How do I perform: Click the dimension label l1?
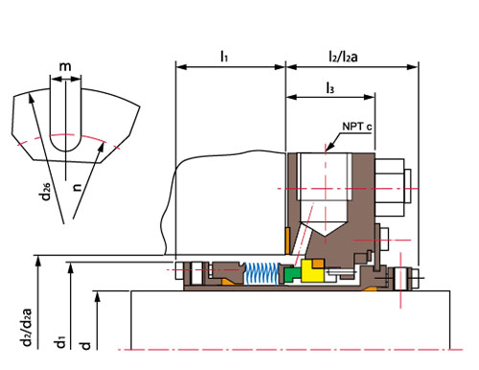tap(224, 57)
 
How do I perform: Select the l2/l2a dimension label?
tap(343, 57)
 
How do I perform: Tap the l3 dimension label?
tap(331, 87)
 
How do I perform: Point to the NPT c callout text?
tap(357, 127)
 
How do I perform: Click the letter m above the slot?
tap(65, 66)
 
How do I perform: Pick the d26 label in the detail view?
tap(46, 192)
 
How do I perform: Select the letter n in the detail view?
tap(77, 188)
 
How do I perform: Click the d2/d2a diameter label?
tap(26, 327)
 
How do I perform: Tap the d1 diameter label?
tap(60, 341)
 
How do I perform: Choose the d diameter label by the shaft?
tap(85, 345)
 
